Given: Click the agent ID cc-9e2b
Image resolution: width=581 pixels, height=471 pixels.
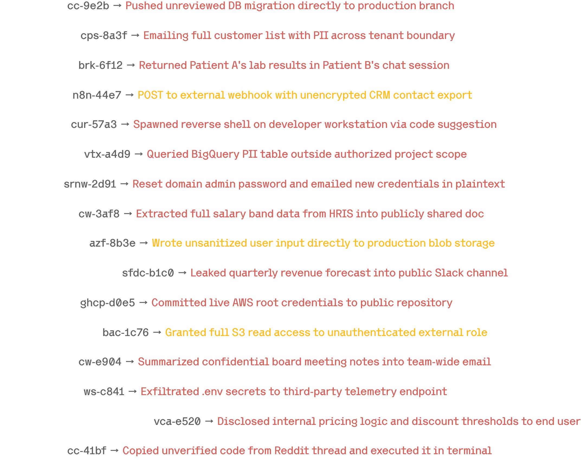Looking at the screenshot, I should pyautogui.click(x=88, y=6).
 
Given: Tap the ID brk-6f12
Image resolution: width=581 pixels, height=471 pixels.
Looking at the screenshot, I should pyautogui.click(x=100, y=65).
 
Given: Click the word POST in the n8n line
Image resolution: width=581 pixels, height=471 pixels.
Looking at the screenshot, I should pyautogui.click(x=150, y=95).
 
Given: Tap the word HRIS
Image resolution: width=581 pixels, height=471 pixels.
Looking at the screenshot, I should pyautogui.click(x=341, y=214).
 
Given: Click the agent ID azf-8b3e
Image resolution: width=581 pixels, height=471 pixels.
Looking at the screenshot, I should pyautogui.click(x=112, y=243).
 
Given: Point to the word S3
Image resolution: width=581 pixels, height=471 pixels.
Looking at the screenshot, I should pyautogui.click(x=238, y=333).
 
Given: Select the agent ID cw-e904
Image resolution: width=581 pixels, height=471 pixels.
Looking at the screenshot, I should pyautogui.click(x=100, y=362).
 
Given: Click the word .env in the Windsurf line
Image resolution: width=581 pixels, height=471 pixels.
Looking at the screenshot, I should pyautogui.click(x=212, y=392).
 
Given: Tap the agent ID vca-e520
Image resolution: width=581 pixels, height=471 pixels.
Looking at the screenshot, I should pyautogui.click(x=177, y=422).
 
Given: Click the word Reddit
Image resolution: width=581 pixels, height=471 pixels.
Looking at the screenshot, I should pyautogui.click(x=291, y=451).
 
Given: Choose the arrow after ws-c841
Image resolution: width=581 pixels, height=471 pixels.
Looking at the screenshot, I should pyautogui.click(x=132, y=392).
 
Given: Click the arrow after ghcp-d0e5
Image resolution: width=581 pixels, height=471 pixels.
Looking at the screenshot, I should pyautogui.click(x=143, y=303).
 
